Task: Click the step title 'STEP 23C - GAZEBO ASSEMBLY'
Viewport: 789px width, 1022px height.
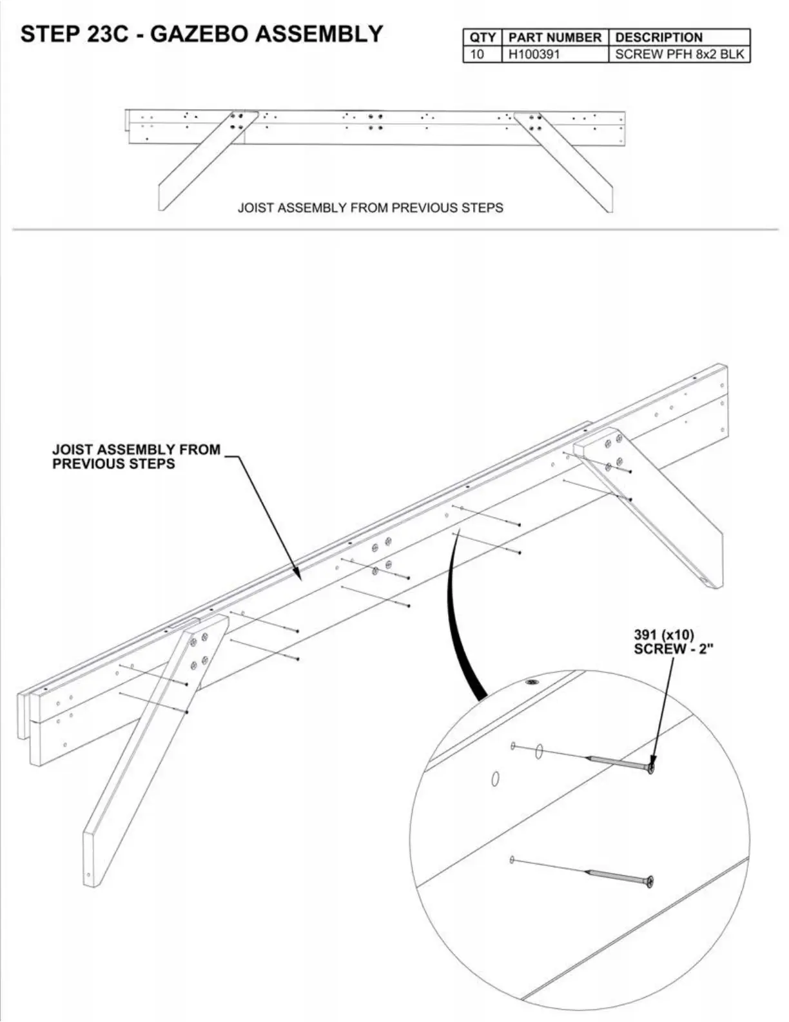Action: pyautogui.click(x=202, y=34)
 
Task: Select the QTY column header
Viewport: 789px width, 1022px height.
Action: pyautogui.click(x=482, y=37)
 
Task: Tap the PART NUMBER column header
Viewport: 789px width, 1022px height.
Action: pyautogui.click(x=554, y=37)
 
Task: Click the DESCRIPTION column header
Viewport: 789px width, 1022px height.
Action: pyautogui.click(x=659, y=37)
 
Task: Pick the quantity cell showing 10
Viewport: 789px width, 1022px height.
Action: pyautogui.click(x=477, y=54)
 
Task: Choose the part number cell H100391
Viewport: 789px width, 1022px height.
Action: pyautogui.click(x=534, y=54)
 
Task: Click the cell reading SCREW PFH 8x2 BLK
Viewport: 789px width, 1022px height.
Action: pyautogui.click(x=679, y=54)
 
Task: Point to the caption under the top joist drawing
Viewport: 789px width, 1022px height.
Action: pyautogui.click(x=370, y=208)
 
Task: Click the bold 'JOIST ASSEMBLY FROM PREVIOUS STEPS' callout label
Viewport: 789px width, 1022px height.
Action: pyautogui.click(x=136, y=456)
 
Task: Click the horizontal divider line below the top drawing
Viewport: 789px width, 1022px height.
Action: pyautogui.click(x=394, y=229)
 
